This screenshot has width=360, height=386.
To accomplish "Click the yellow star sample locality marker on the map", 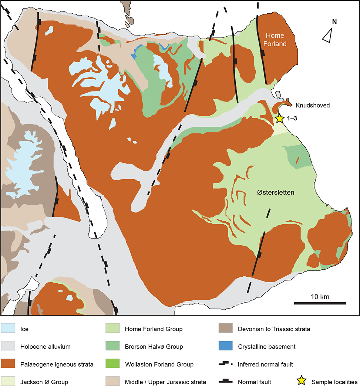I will point(279,118).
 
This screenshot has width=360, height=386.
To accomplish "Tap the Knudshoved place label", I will point(313,105).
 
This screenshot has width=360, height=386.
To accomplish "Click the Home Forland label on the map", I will point(275,39).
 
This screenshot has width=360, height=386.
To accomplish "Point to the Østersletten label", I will point(273,193).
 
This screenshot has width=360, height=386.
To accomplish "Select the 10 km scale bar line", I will point(320,303).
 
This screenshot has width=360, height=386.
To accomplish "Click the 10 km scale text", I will point(320,296).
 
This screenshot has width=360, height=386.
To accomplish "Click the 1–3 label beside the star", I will point(291,119).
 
